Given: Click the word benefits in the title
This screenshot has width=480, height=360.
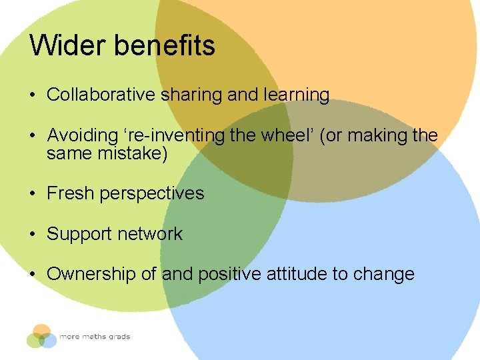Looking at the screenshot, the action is point(165,46).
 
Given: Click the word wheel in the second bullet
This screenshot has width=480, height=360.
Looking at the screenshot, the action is point(283,136).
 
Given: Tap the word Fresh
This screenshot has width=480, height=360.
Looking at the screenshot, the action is point(70,193).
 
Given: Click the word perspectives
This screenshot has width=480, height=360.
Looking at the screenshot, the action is point(151,194).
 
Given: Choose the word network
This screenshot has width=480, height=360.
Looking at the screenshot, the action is point(149,234).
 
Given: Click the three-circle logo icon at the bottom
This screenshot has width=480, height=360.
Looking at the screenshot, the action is point(41,336).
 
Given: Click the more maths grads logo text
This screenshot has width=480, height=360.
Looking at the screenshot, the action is point(95,337).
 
